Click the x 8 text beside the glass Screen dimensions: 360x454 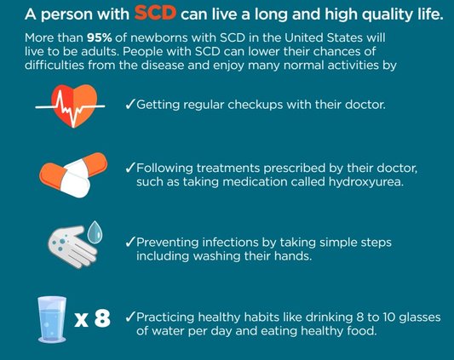pos(92,319)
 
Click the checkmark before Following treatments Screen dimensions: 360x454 pos(129,167)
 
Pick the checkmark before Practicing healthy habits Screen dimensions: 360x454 pos(129,317)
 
